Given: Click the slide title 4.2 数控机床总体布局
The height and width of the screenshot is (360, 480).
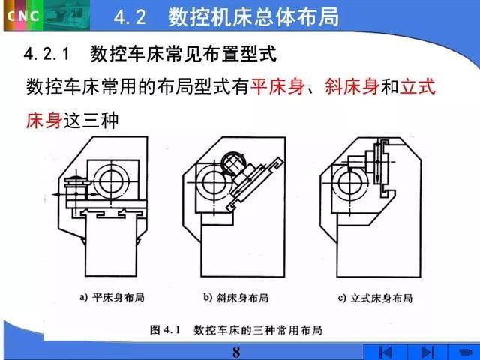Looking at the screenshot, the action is pyautogui.click(x=226, y=16).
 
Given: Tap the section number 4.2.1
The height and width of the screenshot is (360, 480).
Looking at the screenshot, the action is pyautogui.click(x=46, y=55).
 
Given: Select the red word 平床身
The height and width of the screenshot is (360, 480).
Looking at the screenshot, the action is pyautogui.click(x=277, y=87).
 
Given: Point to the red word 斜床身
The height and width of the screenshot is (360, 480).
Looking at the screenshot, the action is pyautogui.click(x=352, y=87).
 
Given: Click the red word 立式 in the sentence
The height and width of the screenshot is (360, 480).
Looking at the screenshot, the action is pyautogui.click(x=418, y=87).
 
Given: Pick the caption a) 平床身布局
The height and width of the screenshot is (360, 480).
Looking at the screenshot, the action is pyautogui.click(x=112, y=297).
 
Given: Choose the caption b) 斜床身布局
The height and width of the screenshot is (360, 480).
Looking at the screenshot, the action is pyautogui.click(x=236, y=297).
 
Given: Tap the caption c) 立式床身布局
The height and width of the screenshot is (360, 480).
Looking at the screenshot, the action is pyautogui.click(x=375, y=298).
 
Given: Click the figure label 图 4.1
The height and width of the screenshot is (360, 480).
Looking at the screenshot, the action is pyautogui.click(x=165, y=330).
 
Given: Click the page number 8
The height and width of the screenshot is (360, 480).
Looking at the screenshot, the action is pyautogui.click(x=236, y=352).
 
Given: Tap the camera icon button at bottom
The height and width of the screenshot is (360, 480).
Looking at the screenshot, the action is pyautogui.click(x=464, y=352).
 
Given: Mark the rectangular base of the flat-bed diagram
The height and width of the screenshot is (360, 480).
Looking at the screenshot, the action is pyautogui.click(x=111, y=246).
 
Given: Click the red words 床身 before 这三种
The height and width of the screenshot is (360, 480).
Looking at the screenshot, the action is pyautogui.click(x=44, y=121).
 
